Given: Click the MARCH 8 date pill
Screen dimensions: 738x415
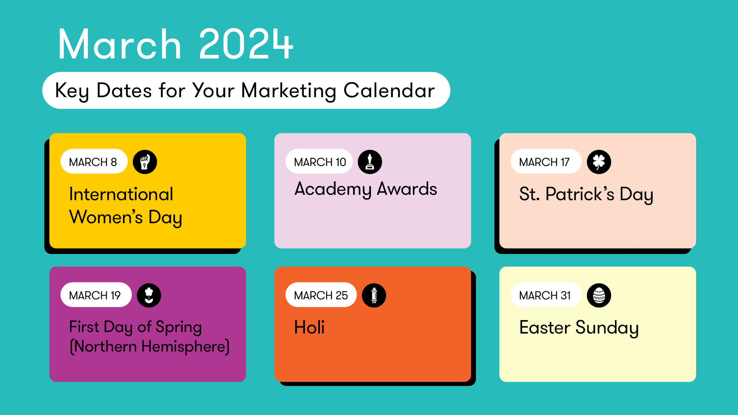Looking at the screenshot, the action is coord(94,161).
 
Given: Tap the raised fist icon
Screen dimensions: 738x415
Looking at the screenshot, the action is coord(145,162).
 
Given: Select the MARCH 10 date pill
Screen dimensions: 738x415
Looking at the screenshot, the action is coord(319,161).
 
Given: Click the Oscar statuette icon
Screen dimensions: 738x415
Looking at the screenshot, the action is coord(370,162).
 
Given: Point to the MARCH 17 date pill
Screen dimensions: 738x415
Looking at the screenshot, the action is coord(546,161).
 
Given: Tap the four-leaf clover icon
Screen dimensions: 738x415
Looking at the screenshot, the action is coord(599,162).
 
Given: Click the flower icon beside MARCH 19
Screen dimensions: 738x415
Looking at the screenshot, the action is coord(149,295).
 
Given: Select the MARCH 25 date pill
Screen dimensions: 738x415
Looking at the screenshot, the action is coord(321,295).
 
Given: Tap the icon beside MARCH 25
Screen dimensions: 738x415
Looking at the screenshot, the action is coord(374,295).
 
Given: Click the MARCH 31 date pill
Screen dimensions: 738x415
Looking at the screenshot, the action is coord(546,295).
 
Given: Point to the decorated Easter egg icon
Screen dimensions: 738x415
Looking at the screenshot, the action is coord(599,295).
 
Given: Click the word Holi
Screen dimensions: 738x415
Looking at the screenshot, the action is coord(309,327).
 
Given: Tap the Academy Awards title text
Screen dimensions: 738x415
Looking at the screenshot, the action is coord(366,189).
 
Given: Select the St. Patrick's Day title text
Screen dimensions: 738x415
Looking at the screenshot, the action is coord(586,194).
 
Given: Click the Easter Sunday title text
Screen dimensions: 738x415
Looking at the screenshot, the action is coord(579,328).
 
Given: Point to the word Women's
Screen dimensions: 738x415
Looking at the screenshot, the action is coord(106,217).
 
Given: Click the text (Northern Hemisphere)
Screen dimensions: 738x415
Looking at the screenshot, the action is coord(150,347).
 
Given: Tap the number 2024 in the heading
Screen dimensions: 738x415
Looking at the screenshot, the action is coord(246,44).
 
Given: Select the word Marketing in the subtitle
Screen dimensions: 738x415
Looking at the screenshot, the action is coord(289,91).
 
